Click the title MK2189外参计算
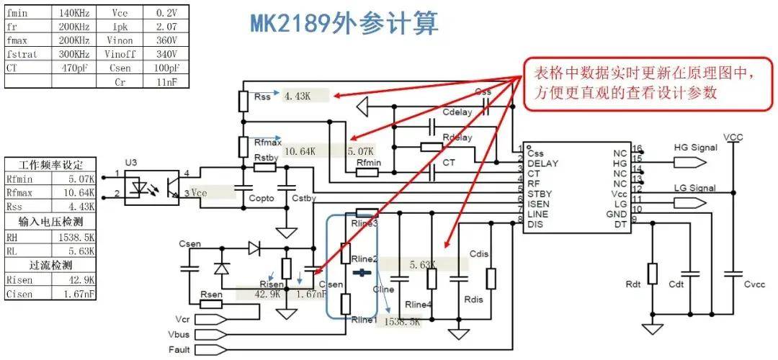click(x=344, y=23)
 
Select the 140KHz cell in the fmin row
click(x=72, y=12)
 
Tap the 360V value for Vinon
click(x=166, y=40)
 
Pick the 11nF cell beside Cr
click(x=166, y=81)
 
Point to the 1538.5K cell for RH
click(x=72, y=237)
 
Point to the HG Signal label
click(x=695, y=148)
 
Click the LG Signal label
click(x=695, y=189)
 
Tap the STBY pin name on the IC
click(x=541, y=194)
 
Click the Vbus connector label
click(x=179, y=334)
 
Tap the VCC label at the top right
click(x=733, y=136)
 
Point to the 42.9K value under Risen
click(x=267, y=294)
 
